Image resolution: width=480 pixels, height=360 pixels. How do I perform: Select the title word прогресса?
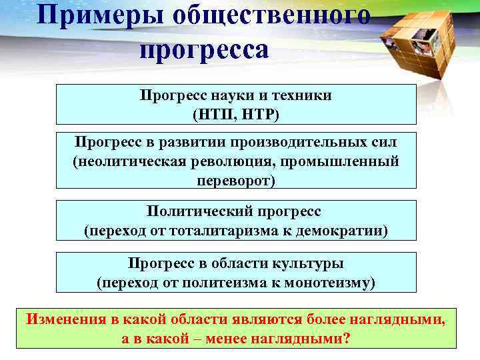[x=205, y=50]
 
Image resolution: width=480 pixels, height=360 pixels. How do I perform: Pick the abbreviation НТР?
[x=256, y=115]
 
